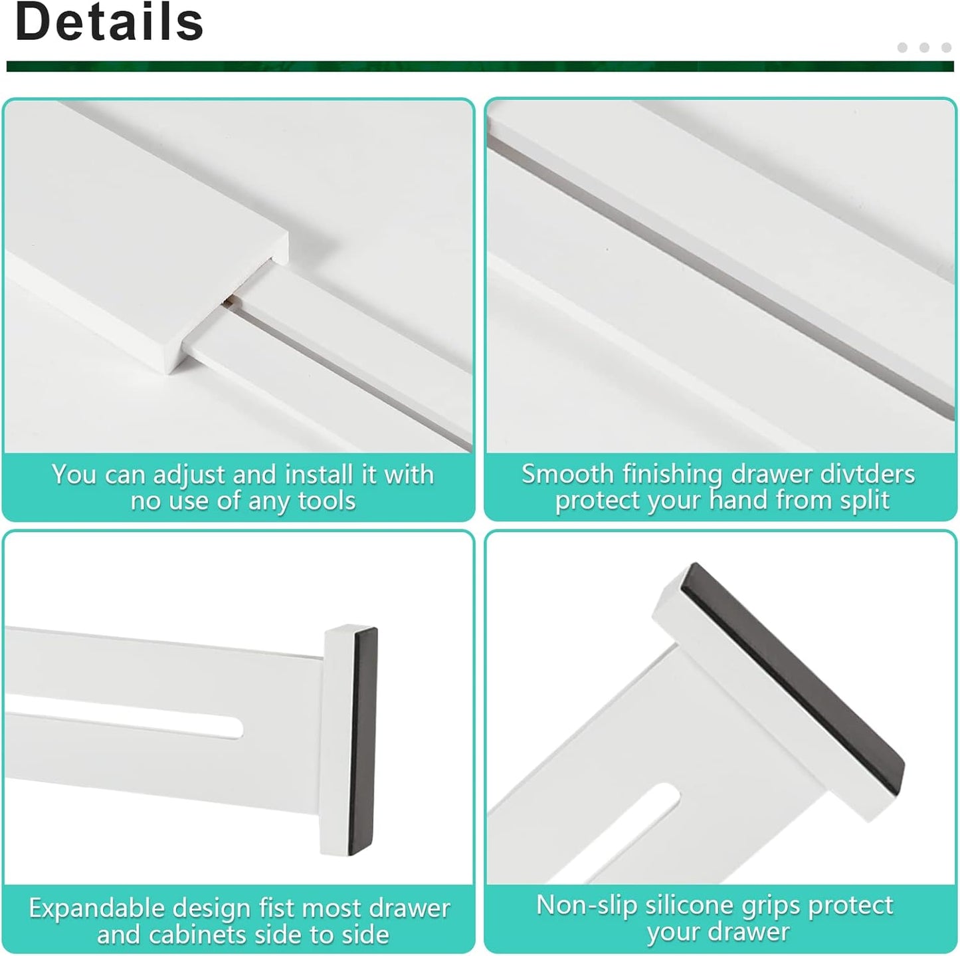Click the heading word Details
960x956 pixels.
click(x=109, y=23)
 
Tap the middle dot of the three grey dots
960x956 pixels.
click(x=924, y=47)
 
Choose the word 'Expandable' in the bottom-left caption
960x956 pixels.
click(x=96, y=908)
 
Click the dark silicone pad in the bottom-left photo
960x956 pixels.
click(x=364, y=741)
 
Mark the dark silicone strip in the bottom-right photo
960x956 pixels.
click(x=797, y=671)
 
